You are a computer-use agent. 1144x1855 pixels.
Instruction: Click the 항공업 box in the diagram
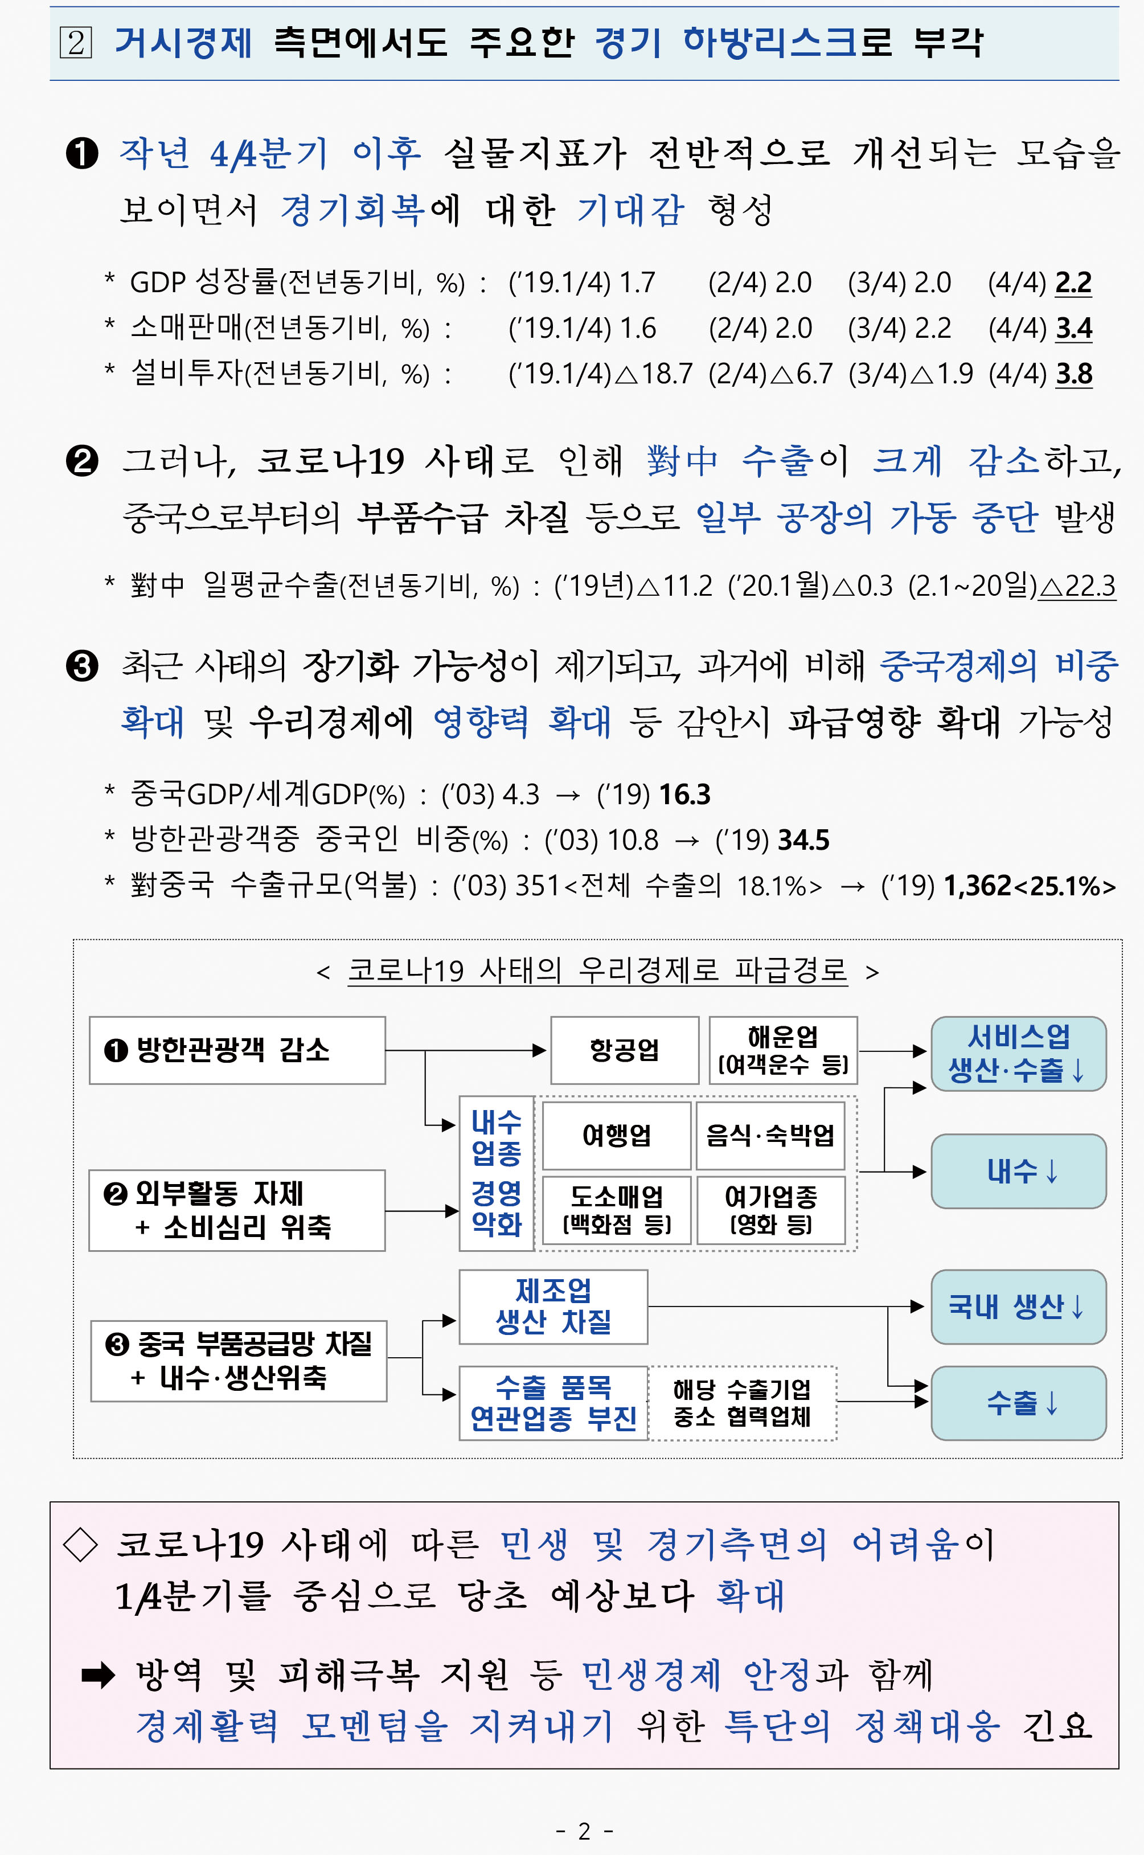[x=624, y=1050]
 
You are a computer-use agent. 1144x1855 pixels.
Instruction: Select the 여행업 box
[x=617, y=1135]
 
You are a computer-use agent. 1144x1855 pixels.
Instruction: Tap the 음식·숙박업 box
[x=770, y=1135]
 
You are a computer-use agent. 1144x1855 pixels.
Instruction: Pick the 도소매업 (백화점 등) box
[x=617, y=1210]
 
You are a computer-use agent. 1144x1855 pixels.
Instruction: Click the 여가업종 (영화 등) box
[x=770, y=1210]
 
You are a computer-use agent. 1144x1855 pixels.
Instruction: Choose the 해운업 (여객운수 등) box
[x=783, y=1050]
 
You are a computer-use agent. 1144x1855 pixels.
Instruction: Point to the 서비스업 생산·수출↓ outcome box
[x=1018, y=1053]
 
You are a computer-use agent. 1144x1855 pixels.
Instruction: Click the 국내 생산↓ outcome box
[x=1018, y=1307]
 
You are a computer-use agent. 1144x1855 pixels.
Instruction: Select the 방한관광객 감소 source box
[x=237, y=1050]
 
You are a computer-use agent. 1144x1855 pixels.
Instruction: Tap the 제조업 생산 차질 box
[x=553, y=1307]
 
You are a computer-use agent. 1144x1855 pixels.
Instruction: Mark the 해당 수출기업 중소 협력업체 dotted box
[x=742, y=1403]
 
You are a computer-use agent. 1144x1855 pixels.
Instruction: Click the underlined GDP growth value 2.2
[x=1073, y=282]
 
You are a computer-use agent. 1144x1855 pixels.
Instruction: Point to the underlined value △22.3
[x=1077, y=585]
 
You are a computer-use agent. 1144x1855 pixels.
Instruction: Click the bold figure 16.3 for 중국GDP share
[x=684, y=795]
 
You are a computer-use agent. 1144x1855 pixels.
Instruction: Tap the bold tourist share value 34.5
[x=803, y=840]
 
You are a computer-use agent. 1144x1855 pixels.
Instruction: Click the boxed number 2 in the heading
[x=76, y=42]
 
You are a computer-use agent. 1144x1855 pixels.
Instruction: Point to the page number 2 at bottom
[x=584, y=1831]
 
